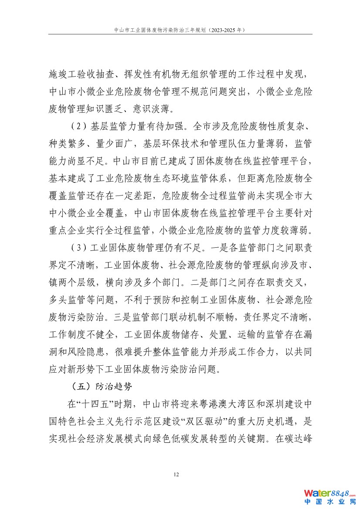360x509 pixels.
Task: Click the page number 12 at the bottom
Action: pos(176,474)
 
